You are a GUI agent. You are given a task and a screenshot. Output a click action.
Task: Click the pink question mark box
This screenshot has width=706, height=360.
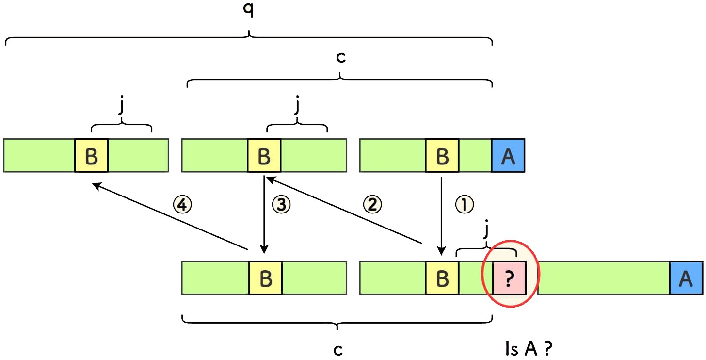coord(509,278)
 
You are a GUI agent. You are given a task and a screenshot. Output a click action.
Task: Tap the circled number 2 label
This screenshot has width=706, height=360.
coord(373,204)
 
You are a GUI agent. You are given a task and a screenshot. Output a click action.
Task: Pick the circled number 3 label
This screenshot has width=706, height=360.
coord(281,205)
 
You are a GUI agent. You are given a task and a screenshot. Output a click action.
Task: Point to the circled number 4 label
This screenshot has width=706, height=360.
coord(183,205)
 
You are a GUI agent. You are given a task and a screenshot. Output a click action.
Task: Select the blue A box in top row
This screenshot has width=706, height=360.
coord(508,155)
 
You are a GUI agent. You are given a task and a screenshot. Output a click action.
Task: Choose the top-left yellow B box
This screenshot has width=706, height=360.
coord(91,155)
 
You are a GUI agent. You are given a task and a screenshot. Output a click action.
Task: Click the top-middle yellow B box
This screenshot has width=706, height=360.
coord(264,155)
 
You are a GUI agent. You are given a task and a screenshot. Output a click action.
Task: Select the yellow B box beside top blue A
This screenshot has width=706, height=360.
coord(442,155)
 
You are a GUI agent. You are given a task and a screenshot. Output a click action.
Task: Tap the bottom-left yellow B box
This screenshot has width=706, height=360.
coord(265,278)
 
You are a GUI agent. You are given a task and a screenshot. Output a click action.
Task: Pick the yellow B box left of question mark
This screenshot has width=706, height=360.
coord(442,278)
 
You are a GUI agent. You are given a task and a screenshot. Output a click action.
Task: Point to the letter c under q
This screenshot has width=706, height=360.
coord(341,57)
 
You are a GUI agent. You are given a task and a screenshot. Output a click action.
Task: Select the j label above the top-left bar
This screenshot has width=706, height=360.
coord(121,107)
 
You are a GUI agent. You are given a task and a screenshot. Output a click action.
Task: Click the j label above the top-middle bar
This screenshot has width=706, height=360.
coord(297,107)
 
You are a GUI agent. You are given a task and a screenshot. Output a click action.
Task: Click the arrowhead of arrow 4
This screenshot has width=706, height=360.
coord(95,185)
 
